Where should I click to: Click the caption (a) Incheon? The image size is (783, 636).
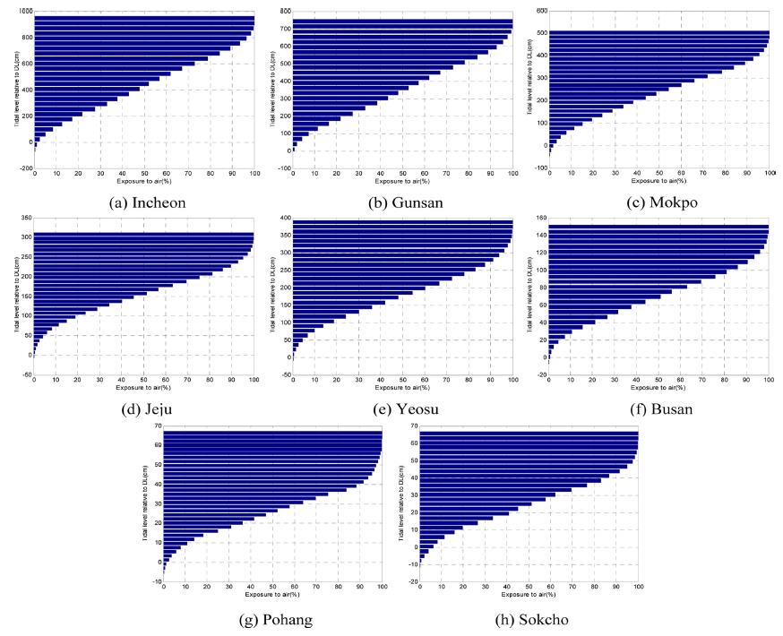[147, 203]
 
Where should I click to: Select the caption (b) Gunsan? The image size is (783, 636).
[403, 203]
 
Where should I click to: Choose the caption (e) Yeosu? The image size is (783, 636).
[402, 409]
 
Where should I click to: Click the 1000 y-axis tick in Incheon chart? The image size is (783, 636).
[24, 11]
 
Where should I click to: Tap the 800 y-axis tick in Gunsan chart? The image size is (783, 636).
[284, 11]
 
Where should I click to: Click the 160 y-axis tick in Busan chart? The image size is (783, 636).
[540, 218]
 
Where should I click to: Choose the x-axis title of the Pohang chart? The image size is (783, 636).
[272, 595]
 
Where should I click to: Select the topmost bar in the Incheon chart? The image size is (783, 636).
[144, 19]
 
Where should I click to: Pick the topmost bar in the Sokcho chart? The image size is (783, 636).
[529, 434]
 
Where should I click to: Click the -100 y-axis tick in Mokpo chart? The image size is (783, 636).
[540, 168]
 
